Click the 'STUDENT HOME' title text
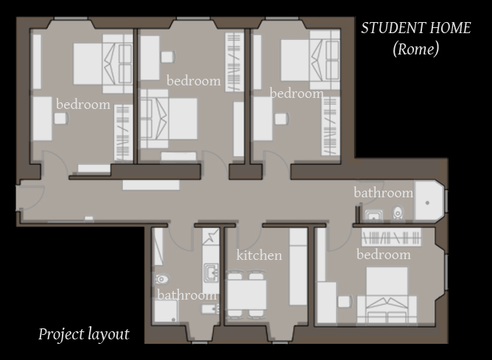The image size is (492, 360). [x=415, y=28]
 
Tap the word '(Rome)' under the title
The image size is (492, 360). [x=415, y=49]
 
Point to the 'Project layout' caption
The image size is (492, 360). [x=84, y=334]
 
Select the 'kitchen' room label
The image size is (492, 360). [x=259, y=255]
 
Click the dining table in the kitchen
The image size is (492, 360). [x=247, y=294]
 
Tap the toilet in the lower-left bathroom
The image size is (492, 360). [x=161, y=278]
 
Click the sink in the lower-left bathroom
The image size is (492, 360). [x=211, y=272]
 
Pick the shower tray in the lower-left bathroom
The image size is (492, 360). [x=166, y=311]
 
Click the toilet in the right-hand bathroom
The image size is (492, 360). [x=398, y=213]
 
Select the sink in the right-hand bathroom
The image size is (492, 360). [x=373, y=215]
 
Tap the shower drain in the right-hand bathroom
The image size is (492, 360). [x=427, y=203]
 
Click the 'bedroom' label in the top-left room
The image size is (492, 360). [x=83, y=105]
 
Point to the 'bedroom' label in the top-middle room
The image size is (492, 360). [x=194, y=81]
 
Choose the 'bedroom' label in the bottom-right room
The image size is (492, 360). [x=384, y=254]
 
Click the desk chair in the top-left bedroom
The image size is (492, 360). [x=61, y=119]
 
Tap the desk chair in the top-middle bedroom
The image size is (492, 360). [x=168, y=57]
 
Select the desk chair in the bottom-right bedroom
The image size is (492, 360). [x=345, y=302]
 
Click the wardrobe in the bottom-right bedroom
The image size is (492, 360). [x=391, y=237]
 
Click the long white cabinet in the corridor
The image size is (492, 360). [x=151, y=185]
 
